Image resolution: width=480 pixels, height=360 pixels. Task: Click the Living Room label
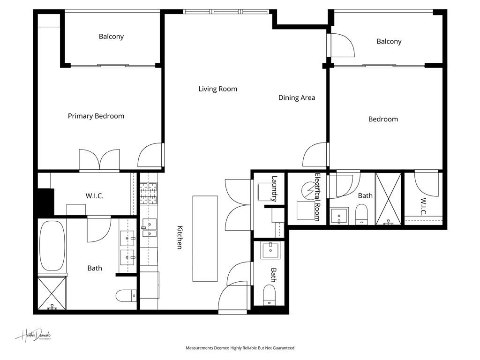click(217, 89)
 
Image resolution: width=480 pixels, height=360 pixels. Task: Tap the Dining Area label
click(297, 97)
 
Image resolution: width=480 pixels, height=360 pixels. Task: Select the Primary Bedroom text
click(96, 116)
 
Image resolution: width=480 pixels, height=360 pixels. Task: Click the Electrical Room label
click(317, 197)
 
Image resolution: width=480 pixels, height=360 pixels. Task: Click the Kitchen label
click(179, 238)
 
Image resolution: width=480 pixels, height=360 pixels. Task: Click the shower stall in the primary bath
click(52, 293)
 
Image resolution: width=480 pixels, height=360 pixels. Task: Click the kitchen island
click(205, 238)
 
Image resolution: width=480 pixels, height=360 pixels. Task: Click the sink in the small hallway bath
click(270, 250)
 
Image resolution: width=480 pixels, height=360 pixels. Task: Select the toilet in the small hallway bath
click(270, 294)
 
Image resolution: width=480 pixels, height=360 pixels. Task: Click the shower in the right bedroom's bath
click(389, 198)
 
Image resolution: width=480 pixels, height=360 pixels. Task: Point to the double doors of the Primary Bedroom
click(99, 160)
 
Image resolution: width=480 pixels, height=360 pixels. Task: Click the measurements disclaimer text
click(240, 348)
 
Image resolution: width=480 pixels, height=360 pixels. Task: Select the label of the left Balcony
click(111, 36)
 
